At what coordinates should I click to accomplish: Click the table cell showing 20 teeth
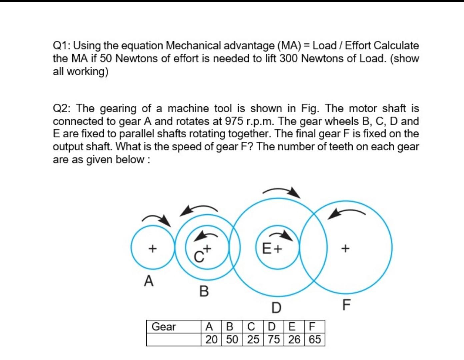click(x=211, y=339)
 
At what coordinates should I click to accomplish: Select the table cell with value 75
click(x=274, y=339)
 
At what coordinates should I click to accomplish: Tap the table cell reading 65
click(x=315, y=339)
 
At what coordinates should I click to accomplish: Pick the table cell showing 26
click(x=294, y=339)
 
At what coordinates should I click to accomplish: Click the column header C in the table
click(x=253, y=326)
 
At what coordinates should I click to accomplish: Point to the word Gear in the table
click(x=163, y=327)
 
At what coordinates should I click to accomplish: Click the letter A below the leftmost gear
click(x=149, y=281)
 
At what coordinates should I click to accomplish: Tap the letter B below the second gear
click(x=204, y=291)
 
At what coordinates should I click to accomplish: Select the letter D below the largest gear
click(x=276, y=307)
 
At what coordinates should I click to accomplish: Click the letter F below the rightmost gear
click(x=347, y=304)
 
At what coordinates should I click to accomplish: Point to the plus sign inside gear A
click(x=152, y=248)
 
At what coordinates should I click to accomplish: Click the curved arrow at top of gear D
click(x=282, y=192)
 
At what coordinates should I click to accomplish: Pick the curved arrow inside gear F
click(x=347, y=213)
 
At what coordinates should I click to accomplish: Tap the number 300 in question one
click(x=289, y=58)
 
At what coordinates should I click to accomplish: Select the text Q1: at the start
click(x=62, y=46)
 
